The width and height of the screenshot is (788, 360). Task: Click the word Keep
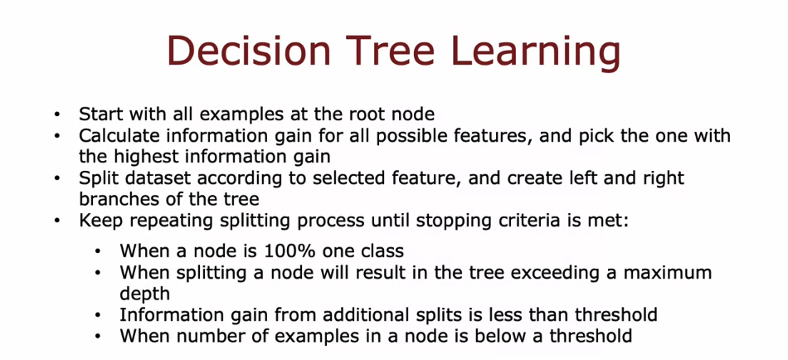[97, 221]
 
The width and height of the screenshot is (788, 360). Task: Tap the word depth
[144, 294]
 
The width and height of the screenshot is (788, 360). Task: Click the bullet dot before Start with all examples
[56, 114]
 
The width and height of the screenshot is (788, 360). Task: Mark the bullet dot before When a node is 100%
[98, 251]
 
